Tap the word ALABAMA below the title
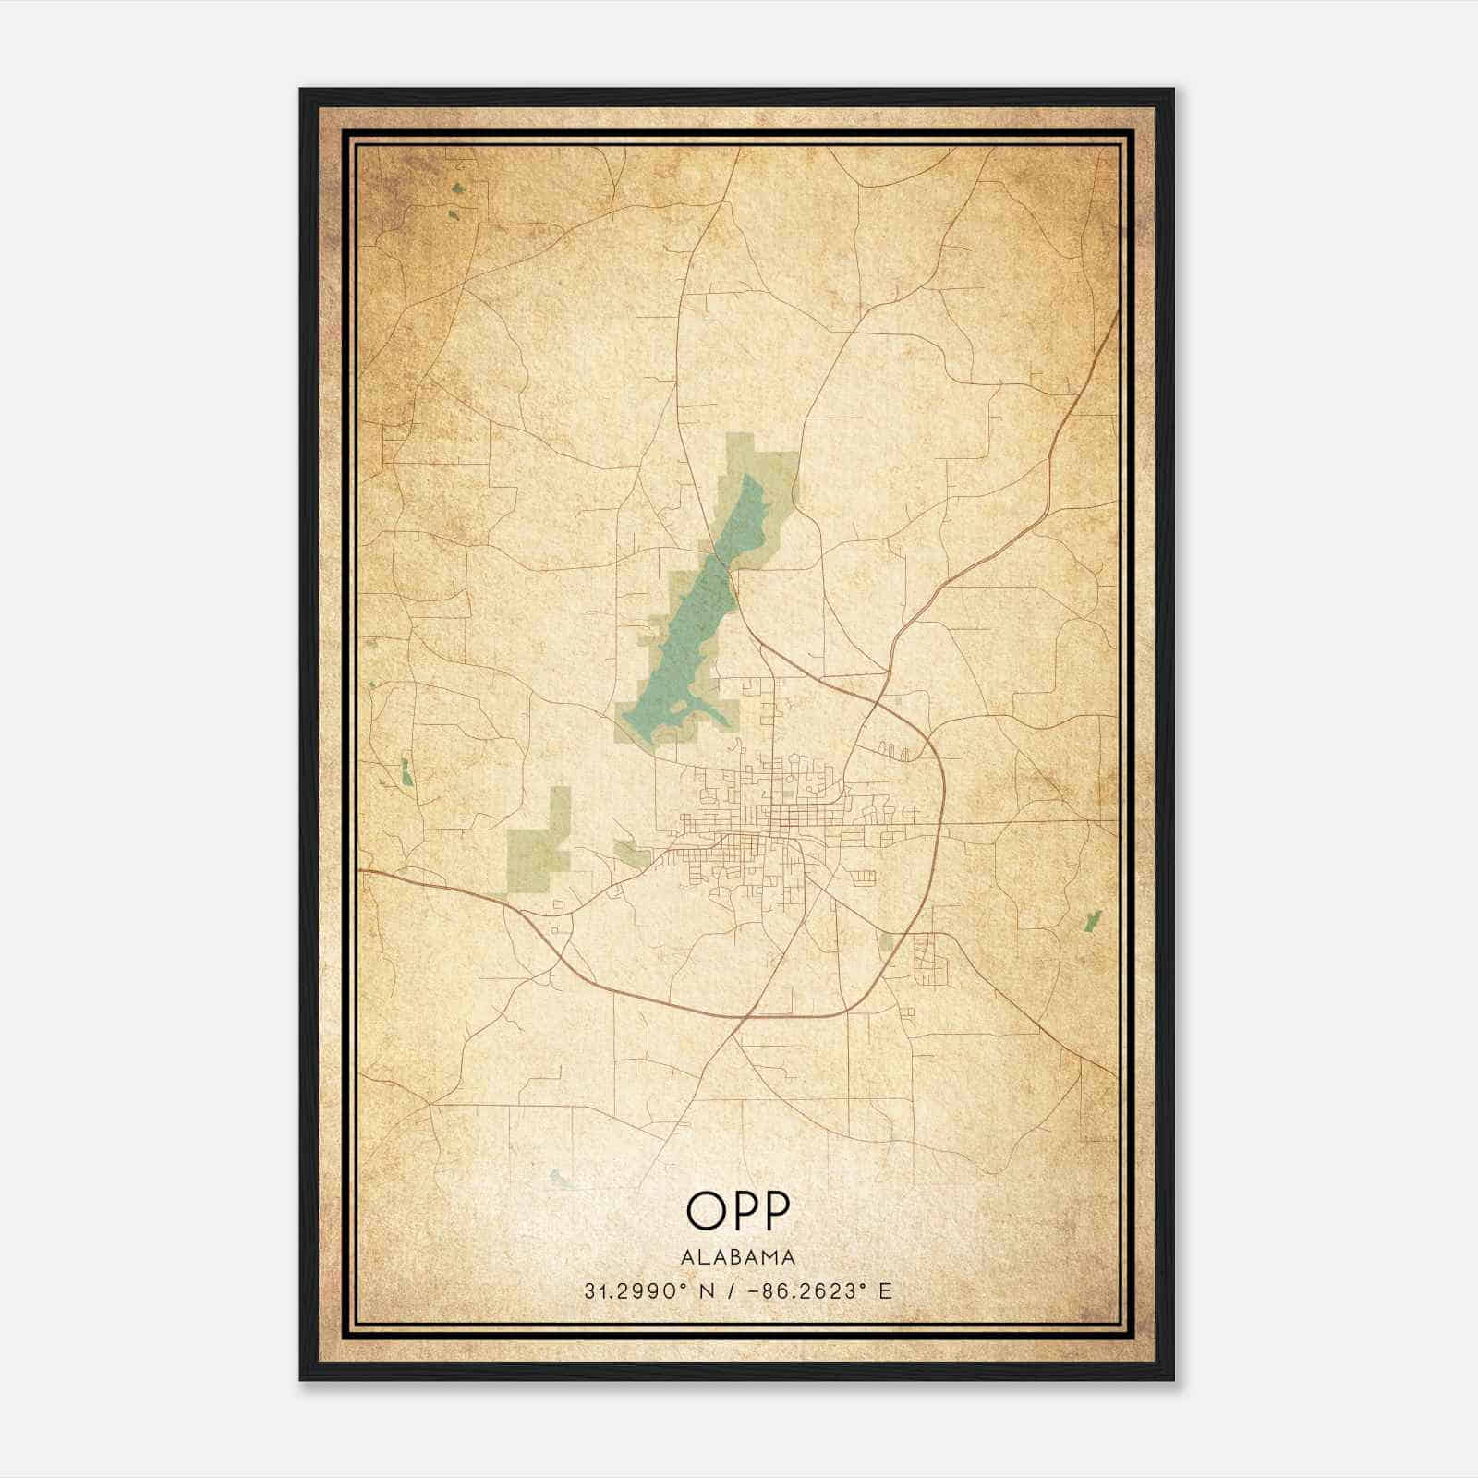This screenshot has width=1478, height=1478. pyautogui.click(x=738, y=1257)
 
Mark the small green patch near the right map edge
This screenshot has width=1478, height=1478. pyautogui.click(x=1093, y=920)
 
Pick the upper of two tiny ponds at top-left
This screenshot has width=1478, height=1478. pyautogui.click(x=458, y=189)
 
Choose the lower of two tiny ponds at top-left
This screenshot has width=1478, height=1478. pyautogui.click(x=453, y=216)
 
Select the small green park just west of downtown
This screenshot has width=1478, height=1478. pyautogui.click(x=633, y=854)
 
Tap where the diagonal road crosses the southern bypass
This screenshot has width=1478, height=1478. pyautogui.click(x=742, y=1017)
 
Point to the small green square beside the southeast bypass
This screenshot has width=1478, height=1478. pyautogui.click(x=887, y=941)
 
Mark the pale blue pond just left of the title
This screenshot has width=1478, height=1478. pyautogui.click(x=558, y=1178)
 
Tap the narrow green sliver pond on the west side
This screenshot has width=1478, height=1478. pyautogui.click(x=406, y=772)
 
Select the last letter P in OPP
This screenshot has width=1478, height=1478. pyautogui.click(x=775, y=1211)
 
